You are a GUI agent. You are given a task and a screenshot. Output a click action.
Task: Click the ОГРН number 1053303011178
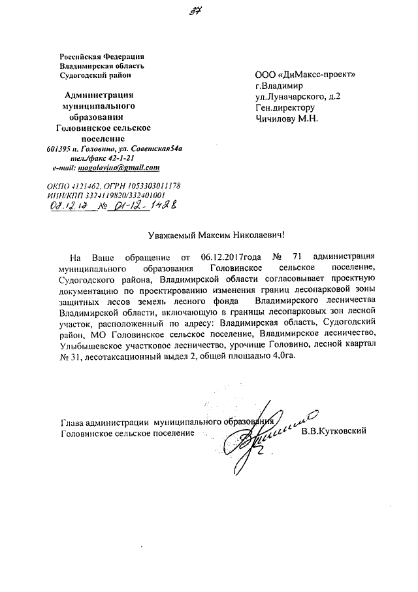(x=152, y=186)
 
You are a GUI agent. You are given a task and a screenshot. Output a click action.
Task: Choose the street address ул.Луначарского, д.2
(x=297, y=96)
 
